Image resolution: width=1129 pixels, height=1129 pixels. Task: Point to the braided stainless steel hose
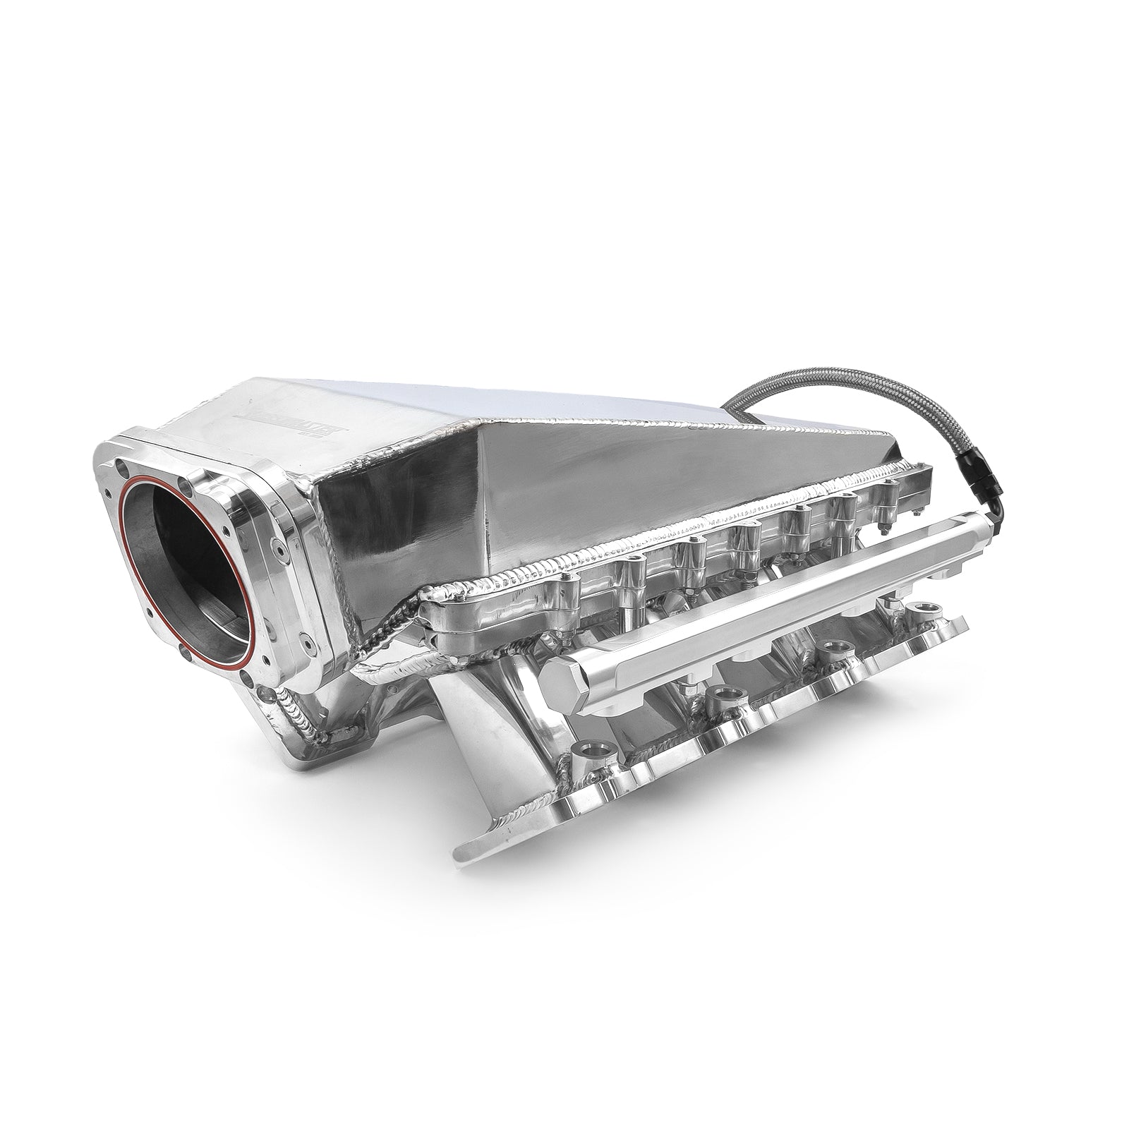(x=811, y=395)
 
